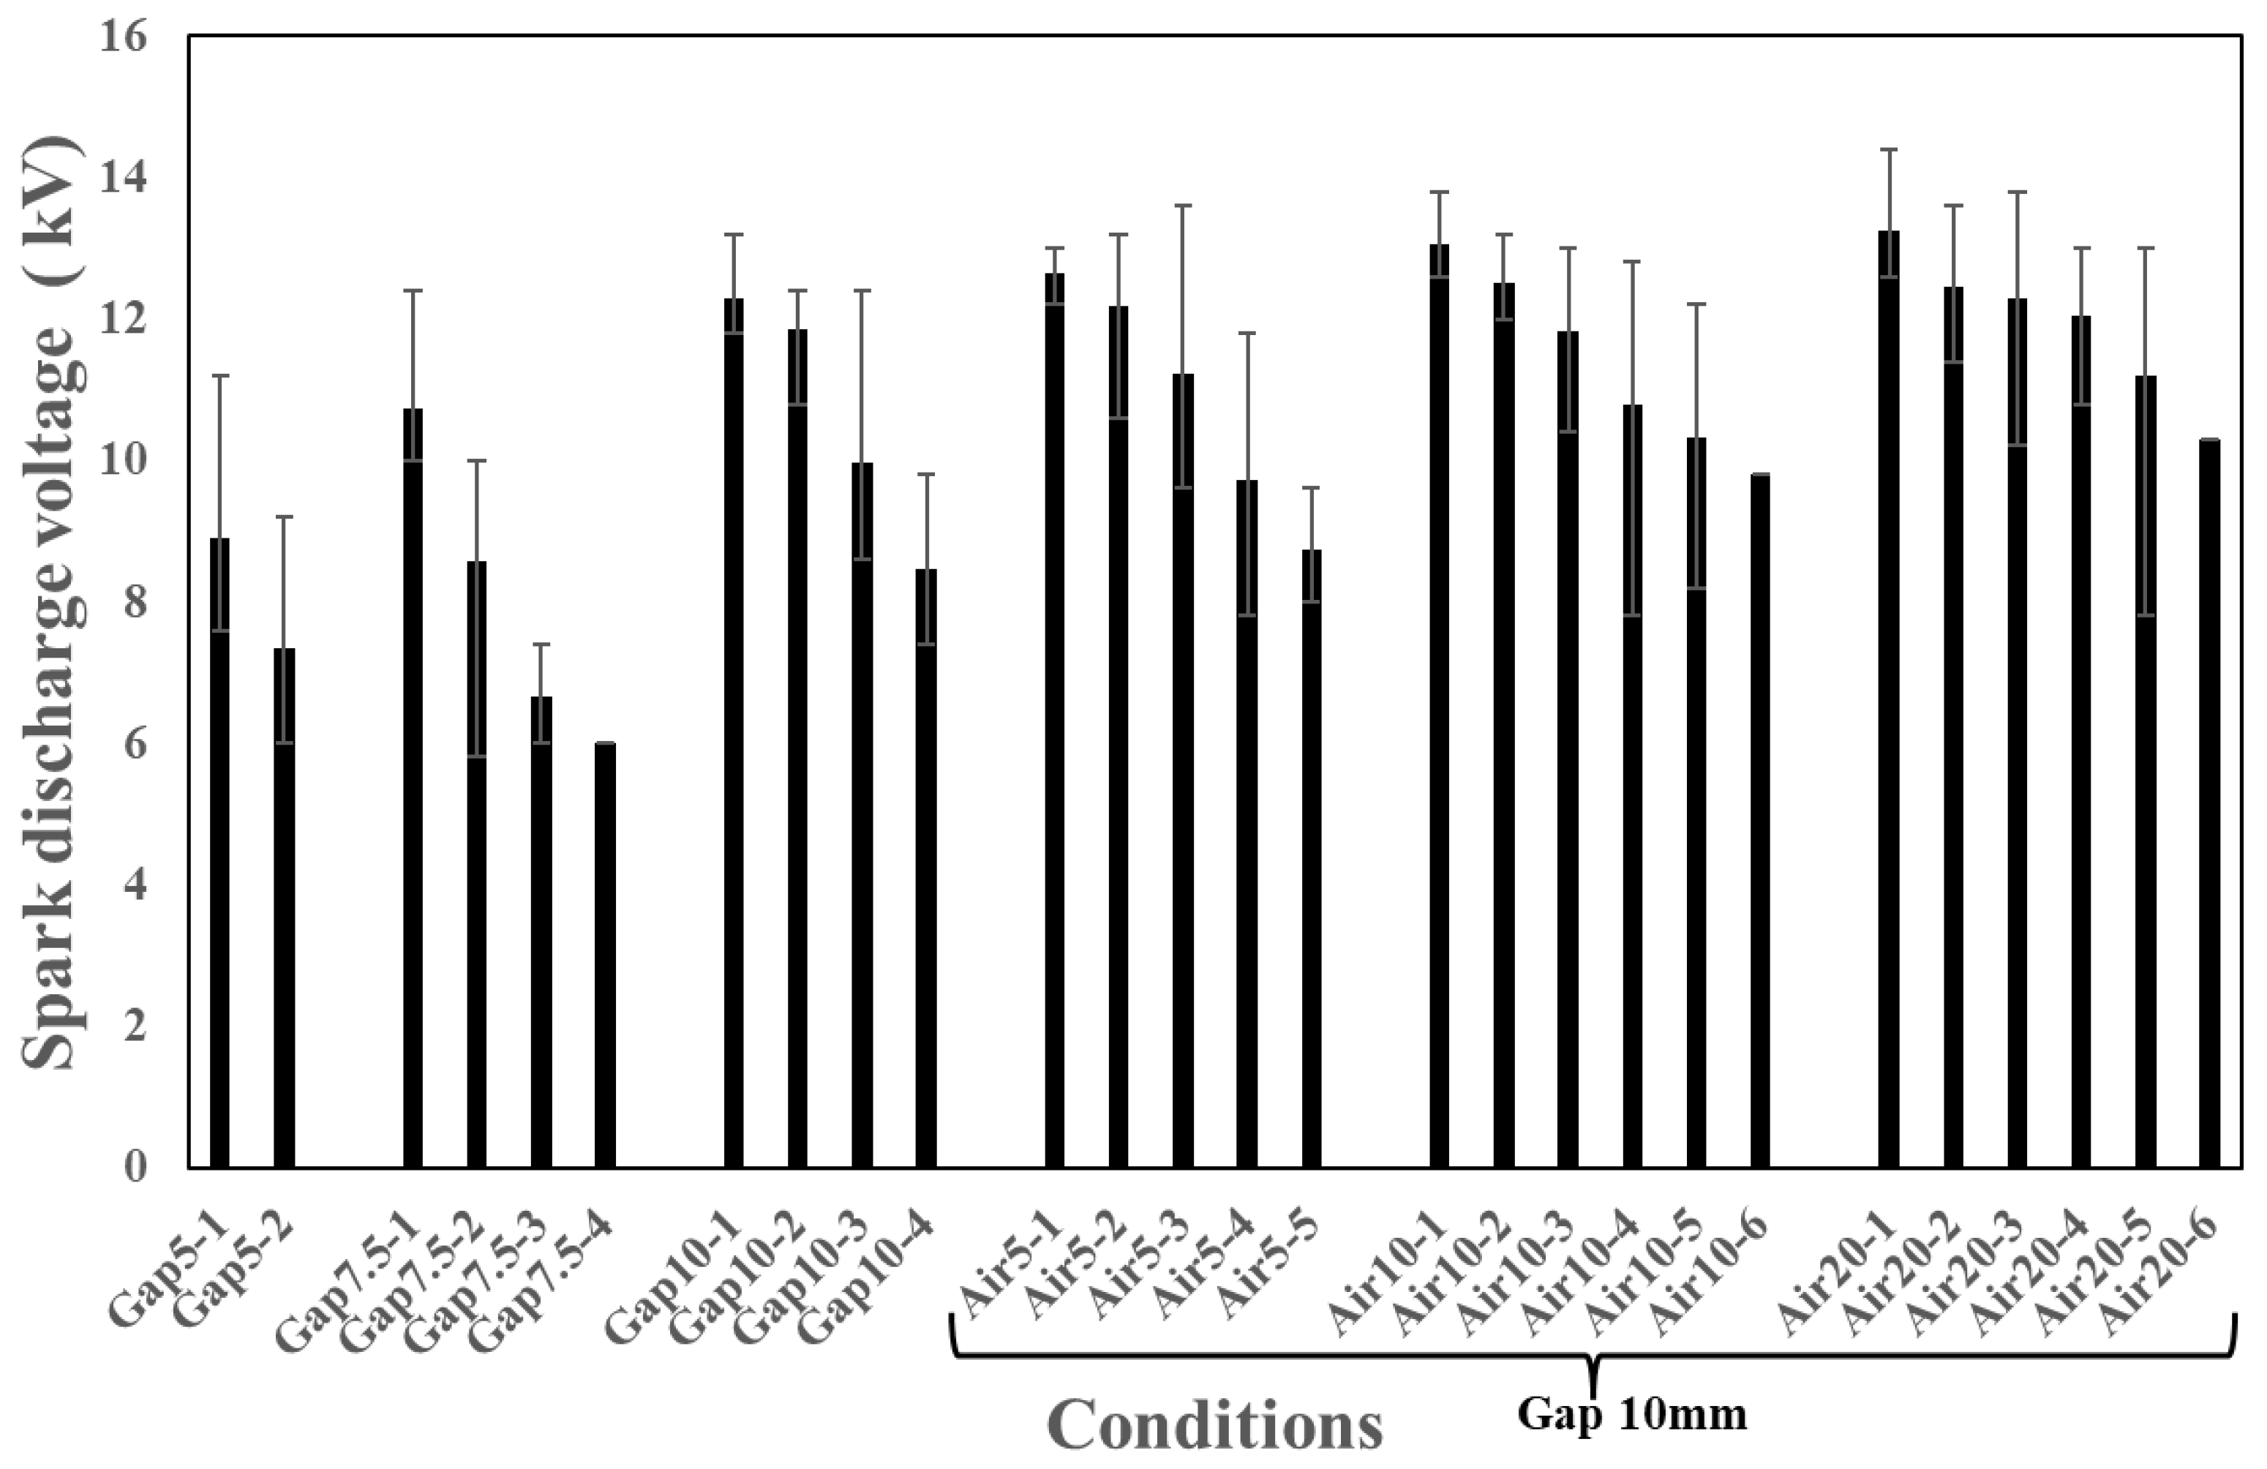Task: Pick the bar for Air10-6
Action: tap(1760, 820)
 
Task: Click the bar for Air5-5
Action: tap(1312, 858)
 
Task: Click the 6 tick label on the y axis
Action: tap(135, 744)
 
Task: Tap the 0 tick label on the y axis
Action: tap(135, 1167)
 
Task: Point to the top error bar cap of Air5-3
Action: tap(1183, 206)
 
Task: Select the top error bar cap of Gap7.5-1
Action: tap(413, 290)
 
